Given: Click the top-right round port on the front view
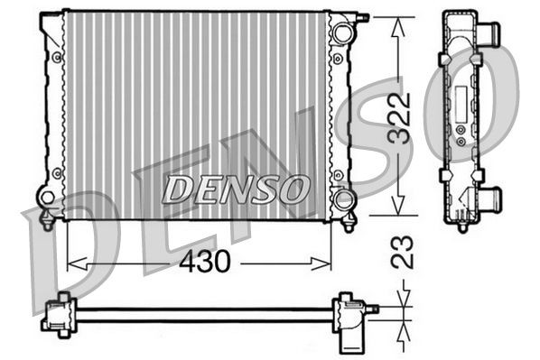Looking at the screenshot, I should tap(340, 33).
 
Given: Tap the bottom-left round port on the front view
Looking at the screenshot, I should tap(46, 196).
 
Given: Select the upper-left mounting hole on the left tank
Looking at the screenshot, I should tap(57, 58).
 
